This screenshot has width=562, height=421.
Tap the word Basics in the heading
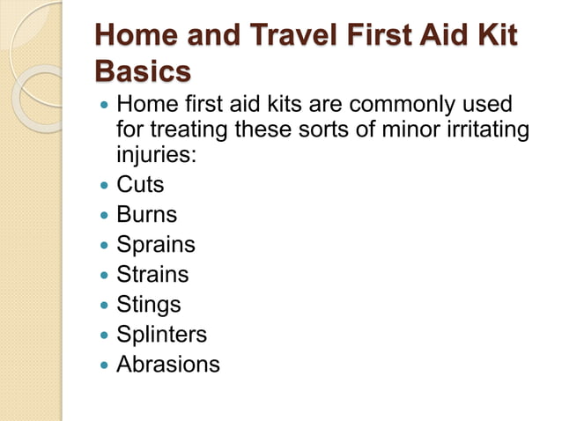pyautogui.click(x=142, y=71)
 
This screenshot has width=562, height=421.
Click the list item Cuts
pyautogui.click(x=140, y=186)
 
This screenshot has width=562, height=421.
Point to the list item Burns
pyautogui.click(x=147, y=215)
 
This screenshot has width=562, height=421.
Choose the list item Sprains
pyautogui.click(x=156, y=245)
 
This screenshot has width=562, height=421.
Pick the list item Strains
pyautogui.click(x=152, y=274)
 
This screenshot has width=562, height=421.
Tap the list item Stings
pyautogui.click(x=149, y=305)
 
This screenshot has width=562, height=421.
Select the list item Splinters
pyautogui.click(x=162, y=334)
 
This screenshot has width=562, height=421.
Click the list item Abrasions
pyautogui.click(x=168, y=364)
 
